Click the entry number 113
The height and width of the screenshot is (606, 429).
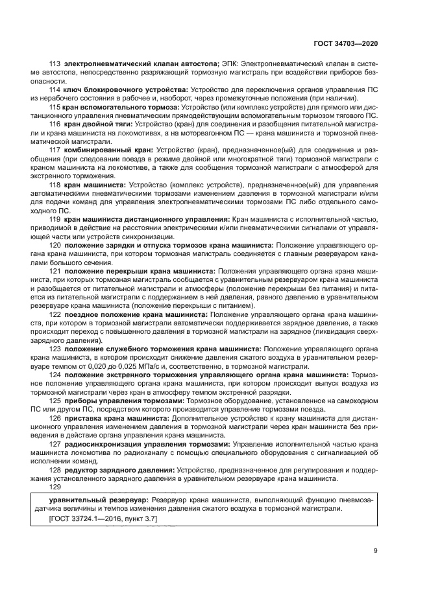(55, 64)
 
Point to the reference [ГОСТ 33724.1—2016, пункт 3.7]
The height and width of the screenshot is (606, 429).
(103, 519)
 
